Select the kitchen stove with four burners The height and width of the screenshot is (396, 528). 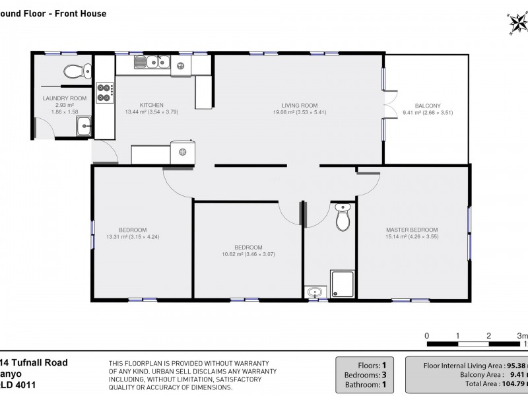(105, 92)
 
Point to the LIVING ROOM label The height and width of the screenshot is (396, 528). (300, 105)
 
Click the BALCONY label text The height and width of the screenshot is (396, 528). (427, 106)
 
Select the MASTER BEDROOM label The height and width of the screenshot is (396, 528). (412, 230)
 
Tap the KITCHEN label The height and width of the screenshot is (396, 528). (151, 105)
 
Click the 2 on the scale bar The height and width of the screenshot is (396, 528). (488, 335)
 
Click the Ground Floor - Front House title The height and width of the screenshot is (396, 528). (53, 13)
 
